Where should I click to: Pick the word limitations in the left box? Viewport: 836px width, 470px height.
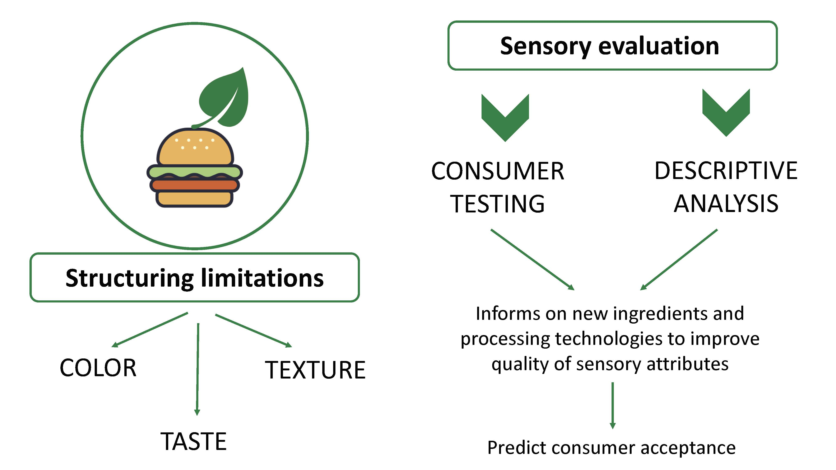click(263, 278)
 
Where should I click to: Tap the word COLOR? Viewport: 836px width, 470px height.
click(98, 368)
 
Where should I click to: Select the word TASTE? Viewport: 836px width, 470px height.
click(194, 441)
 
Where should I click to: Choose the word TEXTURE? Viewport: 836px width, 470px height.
click(315, 370)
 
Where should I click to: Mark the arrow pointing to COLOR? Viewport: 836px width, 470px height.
click(150, 330)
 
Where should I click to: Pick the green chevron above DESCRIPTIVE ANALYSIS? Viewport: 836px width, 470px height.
click(726, 113)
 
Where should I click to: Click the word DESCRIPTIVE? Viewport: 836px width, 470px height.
click(726, 171)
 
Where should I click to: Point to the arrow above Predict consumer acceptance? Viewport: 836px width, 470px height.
click(613, 405)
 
